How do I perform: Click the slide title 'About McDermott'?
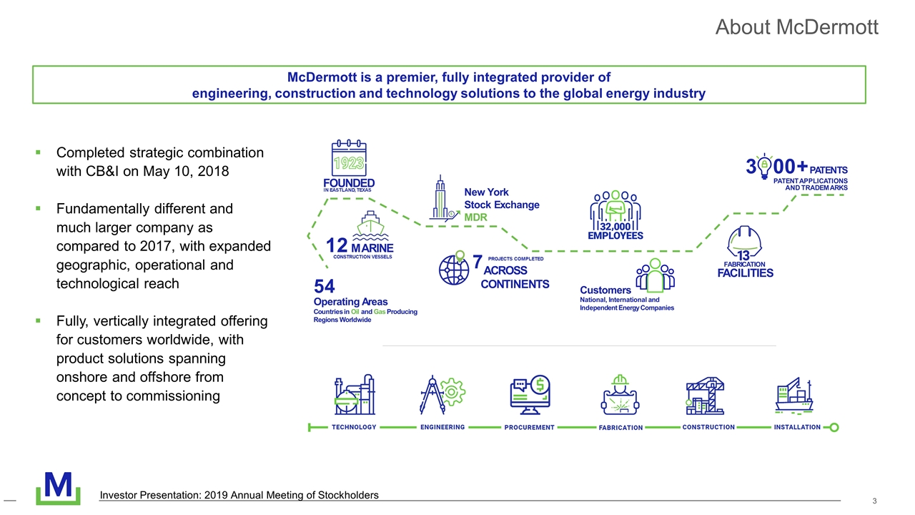point(796,27)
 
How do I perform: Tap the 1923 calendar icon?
point(348,158)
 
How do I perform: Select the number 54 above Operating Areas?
point(325,287)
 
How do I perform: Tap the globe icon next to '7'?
point(454,269)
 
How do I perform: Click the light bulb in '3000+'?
point(764,166)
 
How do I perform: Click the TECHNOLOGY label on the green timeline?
point(354,427)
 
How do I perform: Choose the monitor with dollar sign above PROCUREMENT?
point(530,395)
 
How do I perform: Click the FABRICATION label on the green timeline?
point(620,428)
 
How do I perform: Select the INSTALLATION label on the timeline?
point(797,427)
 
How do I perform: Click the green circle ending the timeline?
point(834,428)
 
